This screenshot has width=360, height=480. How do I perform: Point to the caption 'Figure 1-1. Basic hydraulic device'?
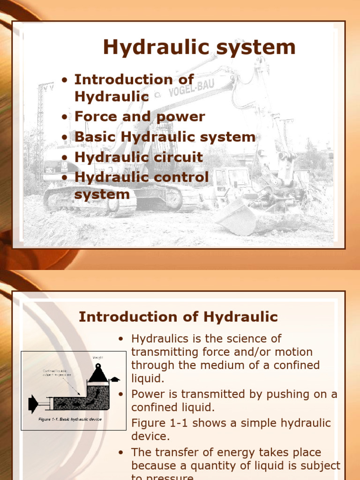coord(70,419)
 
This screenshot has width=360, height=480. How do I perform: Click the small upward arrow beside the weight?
coord(115,379)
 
